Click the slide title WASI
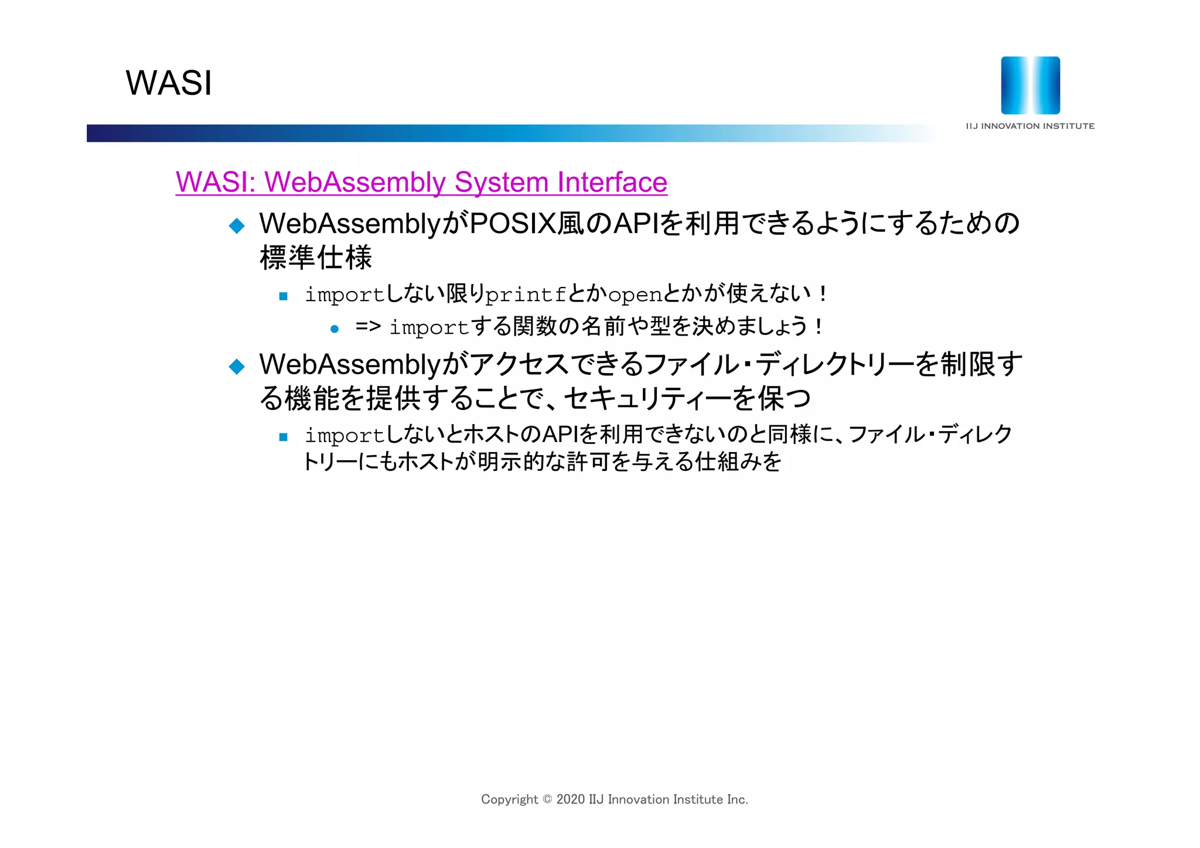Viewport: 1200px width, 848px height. click(169, 83)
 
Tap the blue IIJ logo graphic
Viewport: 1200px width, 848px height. click(1030, 86)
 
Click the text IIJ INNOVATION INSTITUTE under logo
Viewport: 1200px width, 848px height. click(1030, 126)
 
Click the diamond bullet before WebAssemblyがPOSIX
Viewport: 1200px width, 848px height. click(237, 225)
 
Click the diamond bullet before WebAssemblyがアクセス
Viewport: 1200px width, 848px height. click(237, 367)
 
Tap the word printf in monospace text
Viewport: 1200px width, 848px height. click(526, 295)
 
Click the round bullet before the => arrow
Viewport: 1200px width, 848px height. click(335, 329)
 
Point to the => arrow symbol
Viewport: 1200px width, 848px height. click(368, 326)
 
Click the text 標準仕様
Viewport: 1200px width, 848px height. click(316, 258)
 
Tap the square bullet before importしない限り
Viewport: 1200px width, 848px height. click(284, 296)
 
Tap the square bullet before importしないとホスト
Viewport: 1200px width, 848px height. click(284, 437)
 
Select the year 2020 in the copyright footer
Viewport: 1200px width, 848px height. click(570, 799)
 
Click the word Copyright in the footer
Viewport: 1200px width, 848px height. click(509, 799)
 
